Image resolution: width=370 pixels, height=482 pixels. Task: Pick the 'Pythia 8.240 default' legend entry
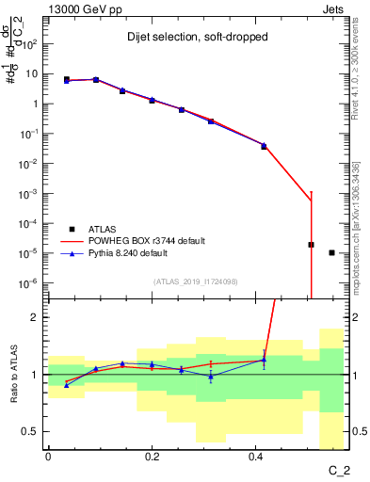(x=133, y=253)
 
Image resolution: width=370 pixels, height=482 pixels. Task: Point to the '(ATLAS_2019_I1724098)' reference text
(x=195, y=281)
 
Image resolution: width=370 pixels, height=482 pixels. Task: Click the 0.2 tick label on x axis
(x=152, y=456)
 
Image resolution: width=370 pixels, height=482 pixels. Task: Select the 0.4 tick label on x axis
(x=255, y=456)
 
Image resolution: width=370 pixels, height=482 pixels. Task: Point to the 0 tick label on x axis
(x=48, y=456)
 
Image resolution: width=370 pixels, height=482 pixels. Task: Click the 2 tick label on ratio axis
(x=34, y=317)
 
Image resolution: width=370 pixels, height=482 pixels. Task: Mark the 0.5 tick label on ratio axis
(x=29, y=431)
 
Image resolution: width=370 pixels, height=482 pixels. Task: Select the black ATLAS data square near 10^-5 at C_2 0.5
(x=311, y=245)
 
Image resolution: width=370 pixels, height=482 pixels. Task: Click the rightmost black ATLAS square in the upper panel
(x=331, y=252)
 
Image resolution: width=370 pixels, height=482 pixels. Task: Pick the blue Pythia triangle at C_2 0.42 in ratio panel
(x=264, y=359)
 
